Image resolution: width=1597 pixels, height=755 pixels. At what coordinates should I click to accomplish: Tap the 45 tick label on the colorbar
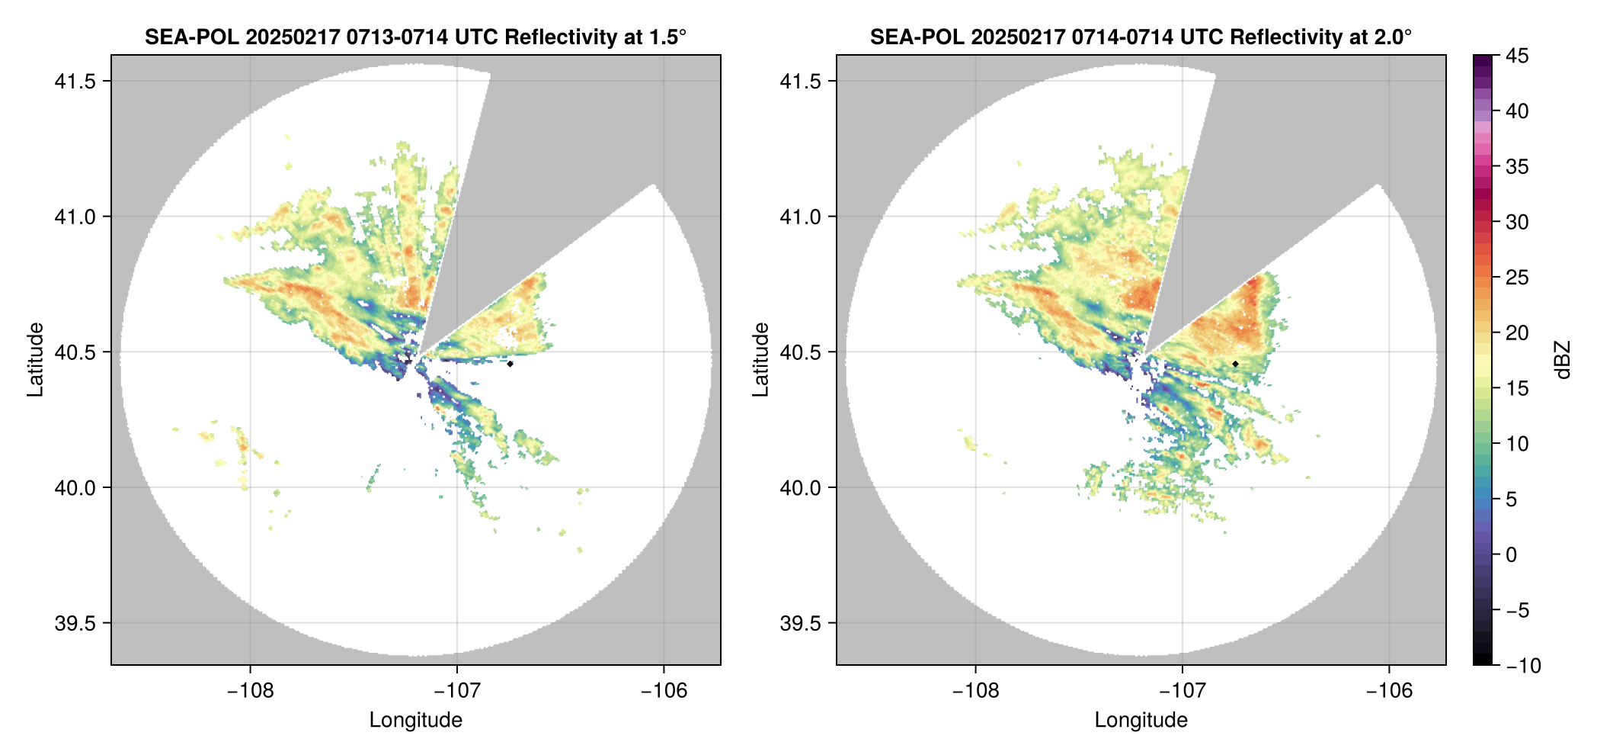[x=1516, y=56]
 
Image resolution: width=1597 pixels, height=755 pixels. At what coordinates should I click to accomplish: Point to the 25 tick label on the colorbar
[x=1516, y=278]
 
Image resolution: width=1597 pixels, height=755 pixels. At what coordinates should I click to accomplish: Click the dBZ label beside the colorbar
[x=1562, y=360]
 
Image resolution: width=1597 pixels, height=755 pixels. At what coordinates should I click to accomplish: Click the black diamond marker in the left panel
[x=510, y=364]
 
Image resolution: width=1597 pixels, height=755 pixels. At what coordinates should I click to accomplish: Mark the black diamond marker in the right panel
[x=1235, y=364]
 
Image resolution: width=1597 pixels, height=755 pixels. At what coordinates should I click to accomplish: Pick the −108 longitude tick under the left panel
[x=250, y=691]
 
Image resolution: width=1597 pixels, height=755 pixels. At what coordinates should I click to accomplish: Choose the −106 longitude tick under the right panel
[x=1389, y=691]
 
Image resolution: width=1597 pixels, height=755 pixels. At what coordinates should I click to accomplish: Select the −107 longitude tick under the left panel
[x=456, y=691]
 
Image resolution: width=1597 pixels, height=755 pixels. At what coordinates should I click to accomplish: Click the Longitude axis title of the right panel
[x=1141, y=720]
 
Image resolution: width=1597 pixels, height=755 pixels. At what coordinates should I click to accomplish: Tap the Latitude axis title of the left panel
[x=35, y=360]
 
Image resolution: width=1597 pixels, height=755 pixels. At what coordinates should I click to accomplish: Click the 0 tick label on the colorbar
[x=1511, y=554]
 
